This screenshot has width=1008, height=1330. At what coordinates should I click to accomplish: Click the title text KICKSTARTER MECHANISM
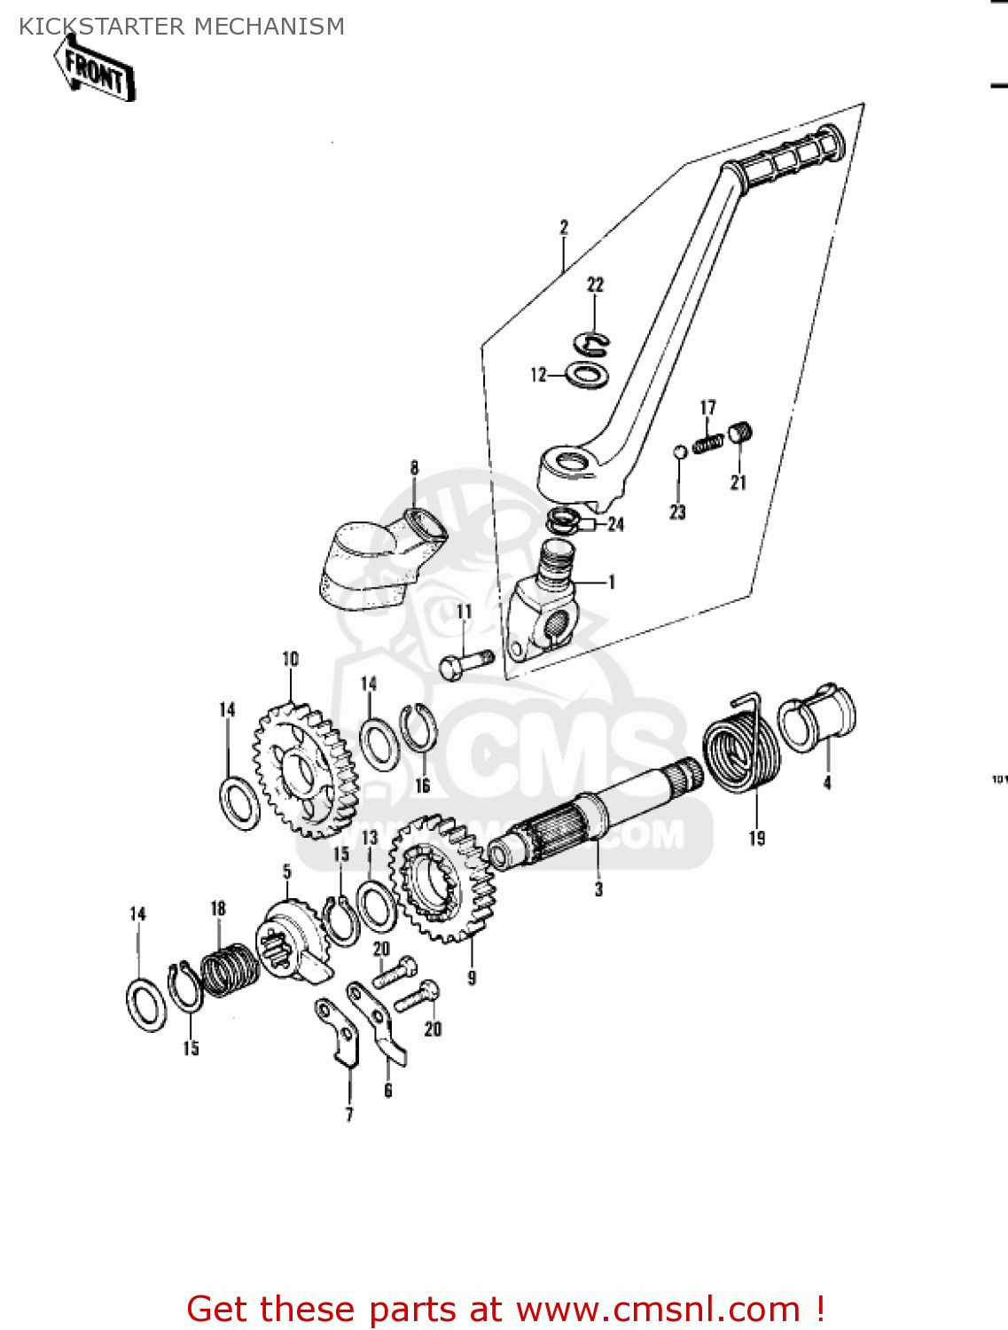[182, 27]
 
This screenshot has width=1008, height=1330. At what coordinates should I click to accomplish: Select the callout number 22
[595, 285]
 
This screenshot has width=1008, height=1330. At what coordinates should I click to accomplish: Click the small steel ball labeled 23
[679, 451]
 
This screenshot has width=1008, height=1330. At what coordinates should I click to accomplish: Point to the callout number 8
[414, 467]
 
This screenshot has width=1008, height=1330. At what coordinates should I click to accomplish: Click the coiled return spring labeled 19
[741, 754]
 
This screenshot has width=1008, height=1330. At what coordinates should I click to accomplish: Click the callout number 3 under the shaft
[598, 888]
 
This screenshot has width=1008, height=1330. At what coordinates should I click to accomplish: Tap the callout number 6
[387, 1091]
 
